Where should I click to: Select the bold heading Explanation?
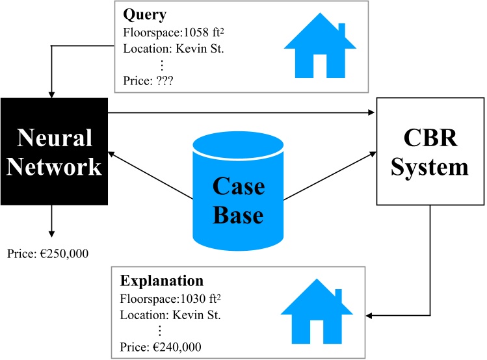162,282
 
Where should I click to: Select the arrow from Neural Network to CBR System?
241,113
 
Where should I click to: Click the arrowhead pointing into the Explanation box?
371,316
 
